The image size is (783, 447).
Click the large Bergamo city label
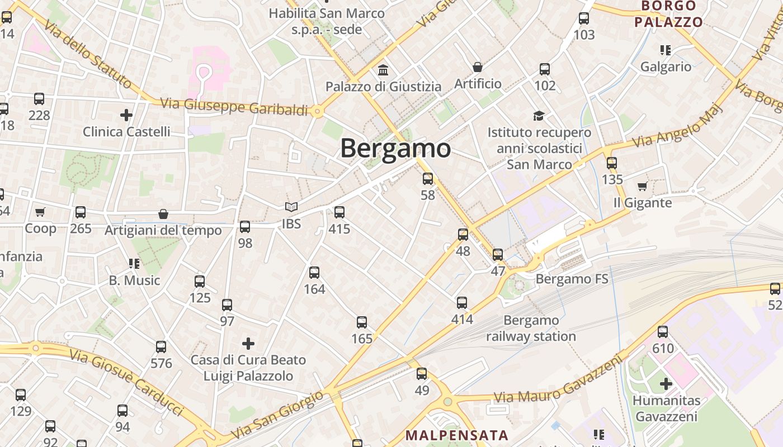pos(395,149)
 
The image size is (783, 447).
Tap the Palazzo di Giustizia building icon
pos(384,70)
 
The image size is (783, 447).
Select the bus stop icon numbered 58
pos(428,179)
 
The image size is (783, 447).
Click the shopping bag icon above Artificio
pos(478,67)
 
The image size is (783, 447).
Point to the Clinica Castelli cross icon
pos(126,115)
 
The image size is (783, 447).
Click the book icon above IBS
pos(291,207)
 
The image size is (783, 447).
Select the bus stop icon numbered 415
pos(339,212)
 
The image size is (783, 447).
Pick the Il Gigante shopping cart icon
pos(642,186)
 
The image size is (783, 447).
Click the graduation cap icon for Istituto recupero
pos(539,116)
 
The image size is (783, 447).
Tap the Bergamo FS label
pos(572,279)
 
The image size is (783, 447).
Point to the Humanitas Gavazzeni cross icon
pos(666,384)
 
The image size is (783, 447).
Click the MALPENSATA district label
pos(457,435)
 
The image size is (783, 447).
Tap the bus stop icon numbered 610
pos(663,332)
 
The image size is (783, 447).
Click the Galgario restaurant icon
pos(666,50)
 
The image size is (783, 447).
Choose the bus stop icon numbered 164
pos(314,273)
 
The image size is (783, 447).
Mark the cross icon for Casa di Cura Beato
pos(248,343)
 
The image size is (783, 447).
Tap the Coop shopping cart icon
pos(40,212)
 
